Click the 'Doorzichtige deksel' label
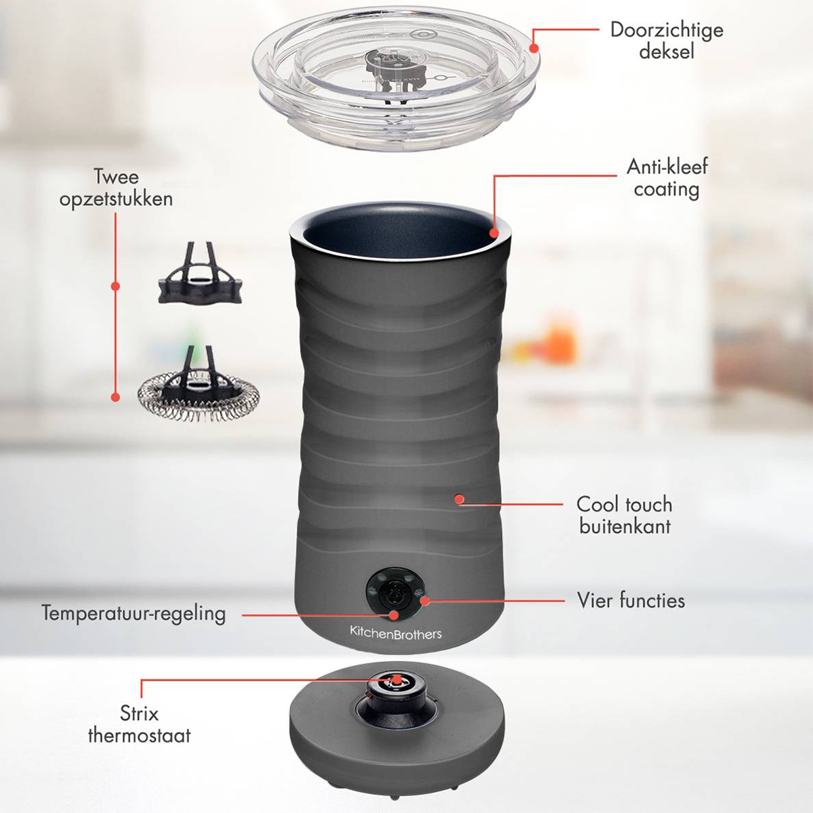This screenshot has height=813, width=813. [x=667, y=41]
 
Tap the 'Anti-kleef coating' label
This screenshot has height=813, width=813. [x=667, y=178]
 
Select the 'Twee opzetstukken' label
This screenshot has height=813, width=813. [x=116, y=188]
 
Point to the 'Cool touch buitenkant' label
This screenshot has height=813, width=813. [x=625, y=515]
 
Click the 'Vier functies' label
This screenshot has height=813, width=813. [x=631, y=600]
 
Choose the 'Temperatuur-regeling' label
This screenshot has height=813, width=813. [x=133, y=613]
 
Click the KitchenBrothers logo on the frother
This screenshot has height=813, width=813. [x=396, y=633]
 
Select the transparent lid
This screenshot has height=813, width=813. [x=396, y=79]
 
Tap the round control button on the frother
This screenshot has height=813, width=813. [x=395, y=595]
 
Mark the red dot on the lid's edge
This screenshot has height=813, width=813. [x=534, y=48]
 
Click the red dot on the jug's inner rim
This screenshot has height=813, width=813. [x=495, y=232]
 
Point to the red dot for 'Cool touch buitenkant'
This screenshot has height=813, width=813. [x=460, y=499]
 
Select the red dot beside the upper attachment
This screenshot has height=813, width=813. [x=116, y=286]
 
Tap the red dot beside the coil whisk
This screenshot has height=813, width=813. [x=116, y=397]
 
